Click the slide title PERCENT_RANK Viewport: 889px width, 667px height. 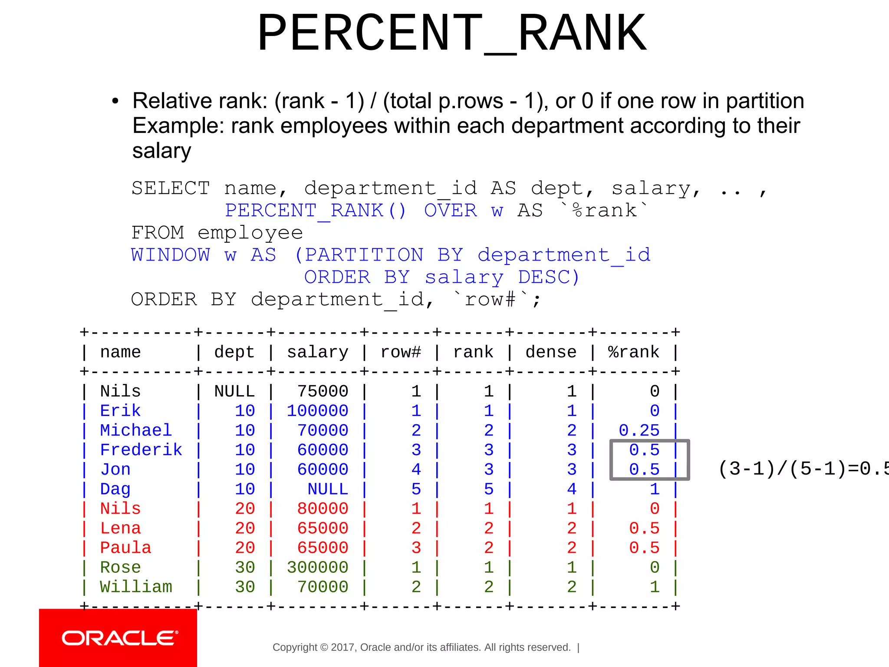(x=452, y=33)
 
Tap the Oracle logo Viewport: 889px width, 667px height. (x=119, y=638)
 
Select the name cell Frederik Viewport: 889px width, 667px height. (x=141, y=450)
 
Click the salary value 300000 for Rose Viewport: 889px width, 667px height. (x=317, y=567)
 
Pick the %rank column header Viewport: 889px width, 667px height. (x=633, y=352)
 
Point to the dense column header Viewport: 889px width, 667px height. (x=551, y=352)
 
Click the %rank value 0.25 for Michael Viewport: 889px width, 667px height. (x=639, y=430)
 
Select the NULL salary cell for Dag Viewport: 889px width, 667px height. (x=328, y=489)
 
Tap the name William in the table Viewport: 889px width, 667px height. (x=136, y=587)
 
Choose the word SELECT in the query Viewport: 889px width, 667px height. (x=171, y=188)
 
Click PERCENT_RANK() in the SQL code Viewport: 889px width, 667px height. (x=316, y=211)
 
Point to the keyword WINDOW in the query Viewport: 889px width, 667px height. (x=171, y=255)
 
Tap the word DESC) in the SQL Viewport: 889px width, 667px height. (x=549, y=277)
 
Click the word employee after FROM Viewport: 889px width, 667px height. (x=250, y=233)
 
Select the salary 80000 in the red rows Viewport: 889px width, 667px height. (x=323, y=509)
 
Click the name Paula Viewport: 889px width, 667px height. (x=125, y=548)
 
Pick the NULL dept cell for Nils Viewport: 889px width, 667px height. (x=234, y=391)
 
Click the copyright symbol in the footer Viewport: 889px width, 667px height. (x=324, y=647)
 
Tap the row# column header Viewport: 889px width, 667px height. (x=401, y=352)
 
